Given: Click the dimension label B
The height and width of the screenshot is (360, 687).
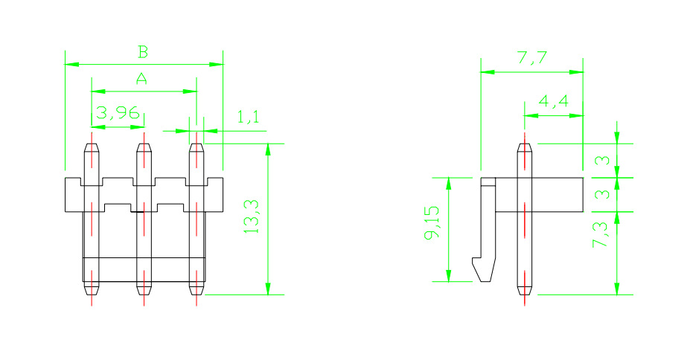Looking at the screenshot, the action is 143,51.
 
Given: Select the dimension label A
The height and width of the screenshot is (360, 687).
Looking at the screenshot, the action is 141,79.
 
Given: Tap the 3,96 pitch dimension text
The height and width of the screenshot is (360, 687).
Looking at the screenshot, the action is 118,113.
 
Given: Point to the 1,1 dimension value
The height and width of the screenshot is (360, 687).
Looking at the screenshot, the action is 248,117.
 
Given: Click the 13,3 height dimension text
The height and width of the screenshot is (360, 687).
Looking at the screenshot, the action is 252,216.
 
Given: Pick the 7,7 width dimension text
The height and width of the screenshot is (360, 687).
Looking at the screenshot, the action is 532,57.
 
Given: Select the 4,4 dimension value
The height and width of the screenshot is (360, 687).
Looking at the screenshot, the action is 553,101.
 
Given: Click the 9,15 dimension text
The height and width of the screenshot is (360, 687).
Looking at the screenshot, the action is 432,223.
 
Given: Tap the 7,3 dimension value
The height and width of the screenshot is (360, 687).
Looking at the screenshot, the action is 601,235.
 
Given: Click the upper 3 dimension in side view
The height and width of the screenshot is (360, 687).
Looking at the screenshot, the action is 603,161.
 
